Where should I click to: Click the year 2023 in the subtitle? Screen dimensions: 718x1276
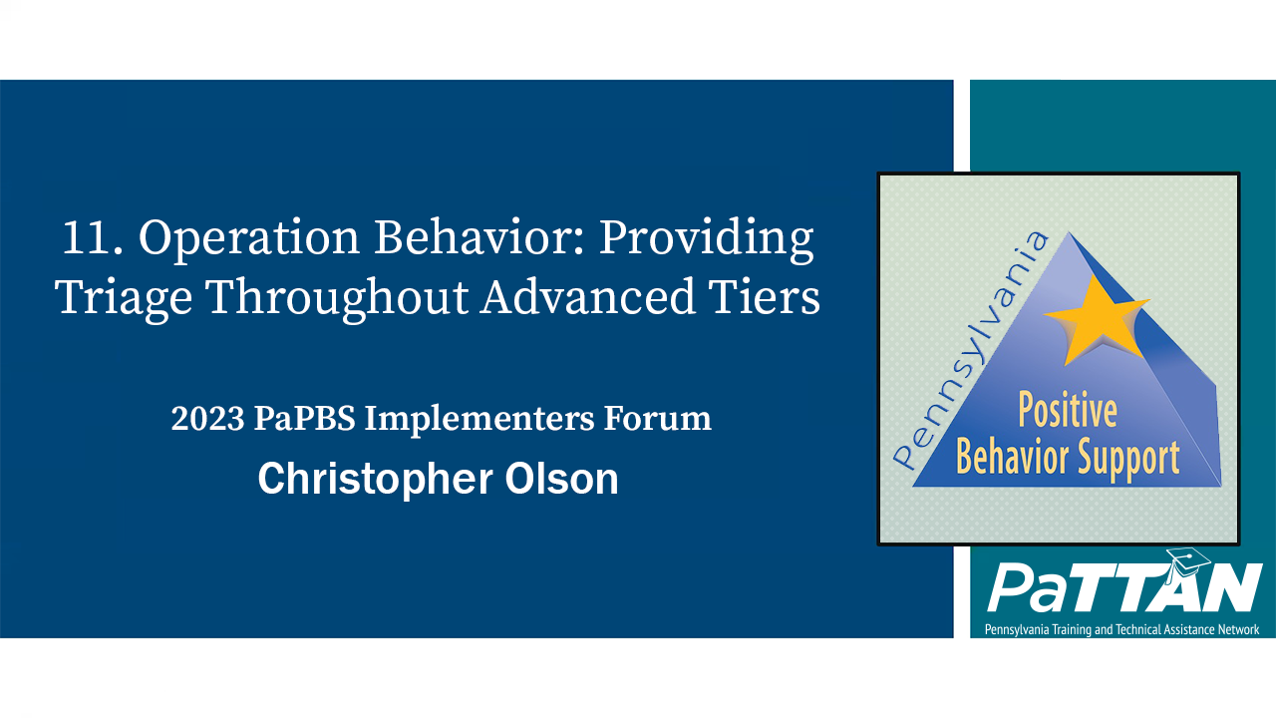[x=207, y=419]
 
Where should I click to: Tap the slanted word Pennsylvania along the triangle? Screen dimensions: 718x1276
[x=971, y=349]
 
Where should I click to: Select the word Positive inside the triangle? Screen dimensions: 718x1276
[x=1067, y=411]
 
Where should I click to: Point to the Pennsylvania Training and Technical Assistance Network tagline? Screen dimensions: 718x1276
[x=1121, y=629]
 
